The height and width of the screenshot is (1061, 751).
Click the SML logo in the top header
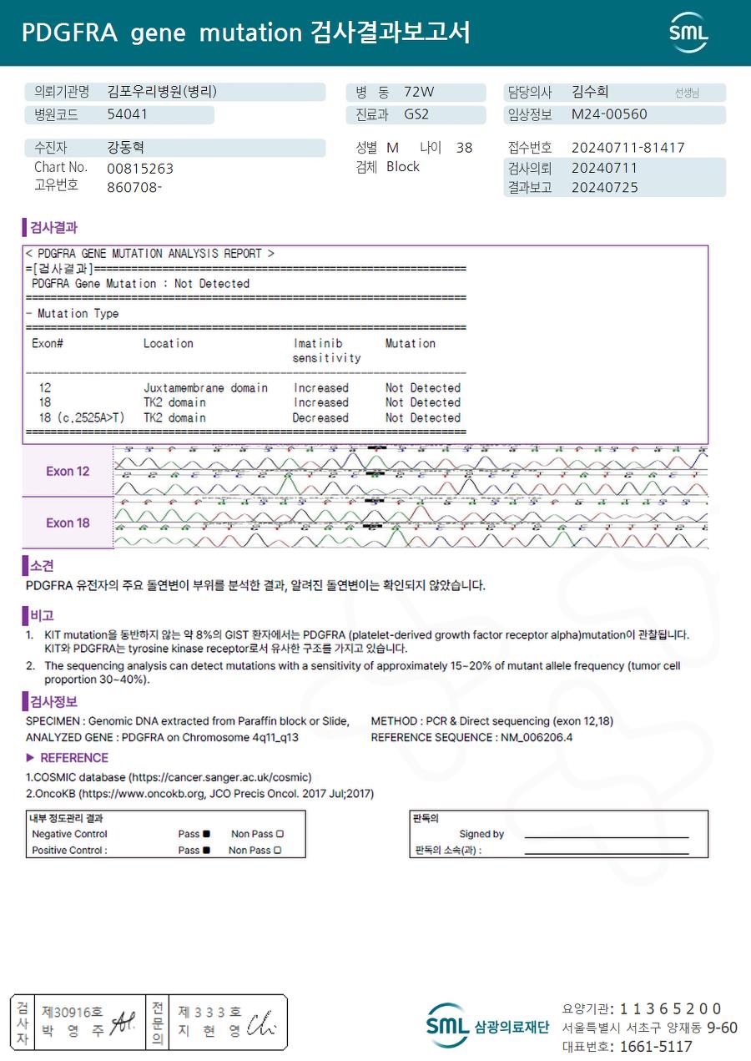(688, 33)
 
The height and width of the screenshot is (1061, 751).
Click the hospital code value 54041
(128, 115)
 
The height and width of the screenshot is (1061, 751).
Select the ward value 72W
(419, 93)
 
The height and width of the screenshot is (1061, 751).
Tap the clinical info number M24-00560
(609, 115)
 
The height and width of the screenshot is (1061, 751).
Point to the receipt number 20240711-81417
(628, 148)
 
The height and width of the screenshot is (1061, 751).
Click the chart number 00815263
(140, 169)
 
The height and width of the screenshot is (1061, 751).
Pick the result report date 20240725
(604, 188)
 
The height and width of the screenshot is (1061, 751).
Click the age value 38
(464, 148)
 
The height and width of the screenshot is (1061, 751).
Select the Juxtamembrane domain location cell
(205, 388)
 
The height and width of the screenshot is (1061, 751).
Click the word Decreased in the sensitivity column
(320, 418)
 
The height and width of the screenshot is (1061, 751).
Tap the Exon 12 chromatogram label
(68, 472)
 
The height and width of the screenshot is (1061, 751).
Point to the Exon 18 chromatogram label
(68, 523)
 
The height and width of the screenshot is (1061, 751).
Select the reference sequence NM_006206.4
(537, 737)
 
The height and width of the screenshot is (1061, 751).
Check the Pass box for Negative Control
(206, 834)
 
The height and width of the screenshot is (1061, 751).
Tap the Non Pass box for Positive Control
(277, 851)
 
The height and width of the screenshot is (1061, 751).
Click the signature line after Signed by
(607, 836)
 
